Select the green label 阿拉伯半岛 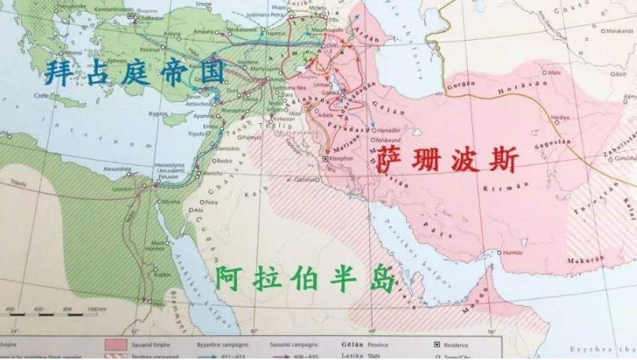305,279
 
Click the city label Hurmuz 512,252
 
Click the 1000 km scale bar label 96,310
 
